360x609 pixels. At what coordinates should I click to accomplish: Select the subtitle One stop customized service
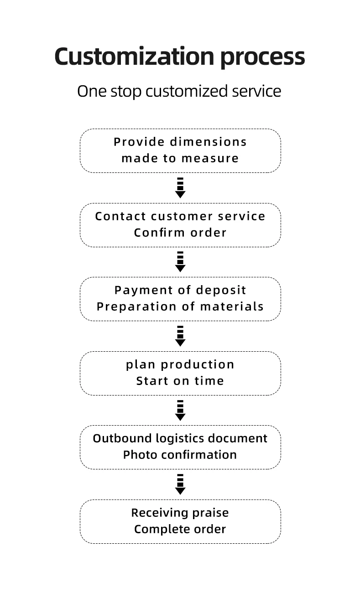click(179, 91)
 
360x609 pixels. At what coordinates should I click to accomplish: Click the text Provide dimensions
click(180, 142)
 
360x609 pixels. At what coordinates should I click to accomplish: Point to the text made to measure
click(180, 158)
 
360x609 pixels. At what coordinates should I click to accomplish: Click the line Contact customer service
click(180, 216)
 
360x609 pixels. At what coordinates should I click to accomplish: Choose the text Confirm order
click(180, 233)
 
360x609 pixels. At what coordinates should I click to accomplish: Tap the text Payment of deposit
click(180, 291)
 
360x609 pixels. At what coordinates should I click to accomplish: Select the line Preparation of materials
click(180, 307)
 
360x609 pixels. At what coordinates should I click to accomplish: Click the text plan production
click(180, 364)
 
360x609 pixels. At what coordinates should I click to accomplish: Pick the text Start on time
click(180, 381)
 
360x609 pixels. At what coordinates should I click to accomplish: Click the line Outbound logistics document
click(180, 438)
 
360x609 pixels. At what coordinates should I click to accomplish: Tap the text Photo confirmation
click(180, 455)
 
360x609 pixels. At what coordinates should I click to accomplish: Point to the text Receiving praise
click(180, 513)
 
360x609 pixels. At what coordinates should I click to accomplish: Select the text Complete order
click(180, 529)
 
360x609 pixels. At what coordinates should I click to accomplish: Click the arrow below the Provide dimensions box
click(180, 188)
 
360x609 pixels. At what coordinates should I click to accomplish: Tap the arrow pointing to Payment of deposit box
click(180, 262)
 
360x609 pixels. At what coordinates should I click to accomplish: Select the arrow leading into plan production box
click(180, 336)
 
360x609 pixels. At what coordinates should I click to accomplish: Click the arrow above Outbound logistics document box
click(180, 411)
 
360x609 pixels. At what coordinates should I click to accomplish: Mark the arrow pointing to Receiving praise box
click(180, 484)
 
